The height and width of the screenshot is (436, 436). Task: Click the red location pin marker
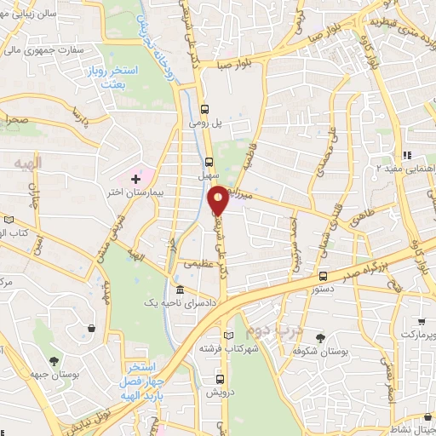219,199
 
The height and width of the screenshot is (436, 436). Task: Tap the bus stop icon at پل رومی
204,109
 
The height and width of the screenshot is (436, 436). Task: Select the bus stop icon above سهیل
209,160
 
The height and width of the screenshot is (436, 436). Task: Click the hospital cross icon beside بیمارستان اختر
135,179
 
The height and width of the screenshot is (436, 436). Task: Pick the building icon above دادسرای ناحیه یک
180,290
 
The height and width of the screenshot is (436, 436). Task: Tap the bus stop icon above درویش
221,380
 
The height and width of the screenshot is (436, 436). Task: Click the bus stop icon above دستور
323,275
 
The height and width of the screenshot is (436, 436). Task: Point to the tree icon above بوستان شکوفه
320,337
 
